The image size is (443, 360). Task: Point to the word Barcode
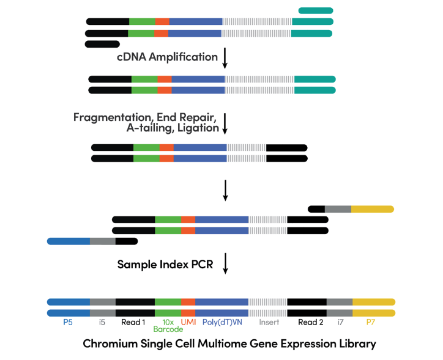[x=168, y=329]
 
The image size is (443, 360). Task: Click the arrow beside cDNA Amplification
[x=225, y=57]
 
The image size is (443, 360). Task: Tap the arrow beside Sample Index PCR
[x=225, y=264]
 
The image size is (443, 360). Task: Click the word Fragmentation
[x=113, y=117]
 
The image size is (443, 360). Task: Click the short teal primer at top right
[x=316, y=10]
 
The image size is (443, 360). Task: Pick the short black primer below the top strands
[x=102, y=44]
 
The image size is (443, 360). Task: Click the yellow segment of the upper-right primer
[x=372, y=209]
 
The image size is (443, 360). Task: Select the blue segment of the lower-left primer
[x=69, y=241]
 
